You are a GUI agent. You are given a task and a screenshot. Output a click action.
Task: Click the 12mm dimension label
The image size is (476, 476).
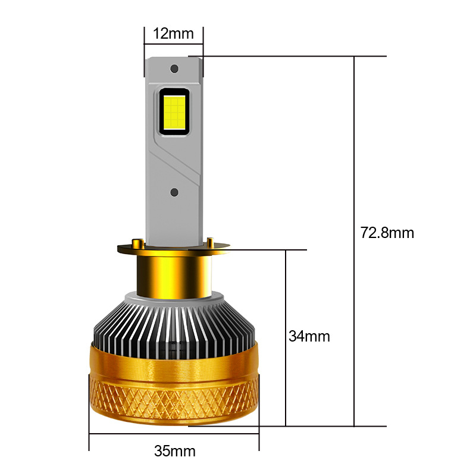173,33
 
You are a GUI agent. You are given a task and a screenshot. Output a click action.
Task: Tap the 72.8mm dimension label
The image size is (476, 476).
387,232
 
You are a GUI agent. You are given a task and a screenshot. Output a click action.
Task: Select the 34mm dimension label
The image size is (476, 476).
309,336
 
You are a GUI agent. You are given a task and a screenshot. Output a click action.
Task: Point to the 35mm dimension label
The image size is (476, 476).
174,451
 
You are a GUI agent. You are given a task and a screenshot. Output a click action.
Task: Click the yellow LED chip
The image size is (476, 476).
174,111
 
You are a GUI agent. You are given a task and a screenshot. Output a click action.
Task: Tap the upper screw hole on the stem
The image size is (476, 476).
174,69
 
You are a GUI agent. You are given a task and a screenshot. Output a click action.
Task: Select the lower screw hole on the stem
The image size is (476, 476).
174,192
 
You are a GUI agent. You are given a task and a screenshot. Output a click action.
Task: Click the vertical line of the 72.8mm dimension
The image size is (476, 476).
355,149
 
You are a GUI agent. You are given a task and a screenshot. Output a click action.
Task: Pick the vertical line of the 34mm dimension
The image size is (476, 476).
286,286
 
